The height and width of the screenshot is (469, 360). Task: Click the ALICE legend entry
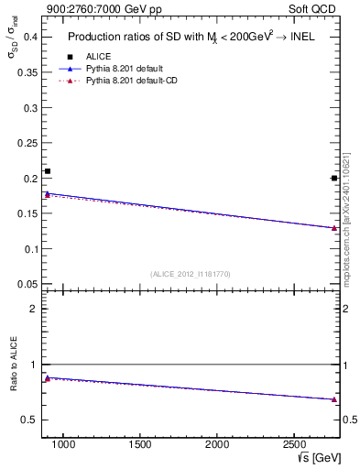(97, 56)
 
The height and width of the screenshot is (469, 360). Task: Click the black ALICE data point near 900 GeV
(48, 171)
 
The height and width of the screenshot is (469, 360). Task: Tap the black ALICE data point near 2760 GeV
(333, 178)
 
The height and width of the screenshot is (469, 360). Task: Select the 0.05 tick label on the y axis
(27, 284)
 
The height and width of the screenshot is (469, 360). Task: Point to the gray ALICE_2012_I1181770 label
(191, 273)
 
